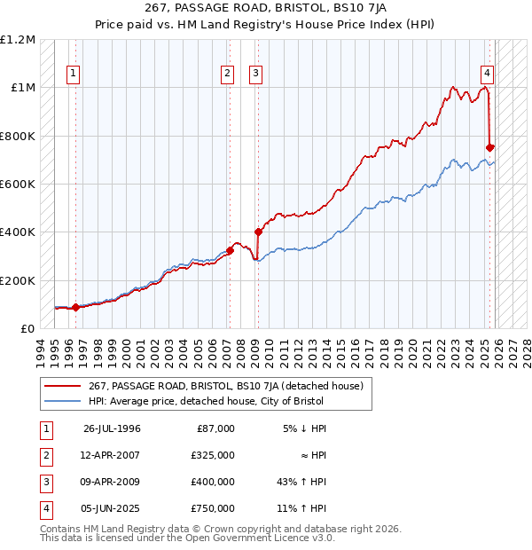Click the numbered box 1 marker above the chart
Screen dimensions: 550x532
tap(73, 74)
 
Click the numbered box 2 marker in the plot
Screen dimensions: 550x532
tap(228, 74)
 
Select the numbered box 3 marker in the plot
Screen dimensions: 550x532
tap(255, 74)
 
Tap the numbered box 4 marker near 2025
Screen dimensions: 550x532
tap(488, 74)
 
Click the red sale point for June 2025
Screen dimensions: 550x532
tap(490, 147)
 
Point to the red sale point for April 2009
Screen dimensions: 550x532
tap(258, 232)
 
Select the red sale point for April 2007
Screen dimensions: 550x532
tap(230, 250)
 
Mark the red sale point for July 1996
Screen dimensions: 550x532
tap(75, 307)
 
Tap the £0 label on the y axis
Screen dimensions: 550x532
tap(27, 329)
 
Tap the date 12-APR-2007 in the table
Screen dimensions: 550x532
tap(112, 454)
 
